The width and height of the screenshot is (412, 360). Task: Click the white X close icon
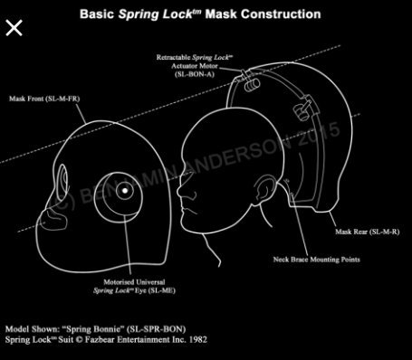[14, 28]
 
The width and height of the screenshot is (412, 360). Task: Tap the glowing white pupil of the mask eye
[124, 190]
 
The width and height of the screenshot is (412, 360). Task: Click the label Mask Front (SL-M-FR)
[44, 99]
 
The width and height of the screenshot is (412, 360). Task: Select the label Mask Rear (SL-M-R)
[368, 232]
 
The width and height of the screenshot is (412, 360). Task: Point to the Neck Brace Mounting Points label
[317, 260]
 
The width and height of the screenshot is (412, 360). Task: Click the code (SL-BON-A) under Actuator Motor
[195, 74]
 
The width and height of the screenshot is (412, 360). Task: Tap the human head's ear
[265, 189]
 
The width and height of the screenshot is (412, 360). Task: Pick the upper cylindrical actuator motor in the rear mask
[252, 85]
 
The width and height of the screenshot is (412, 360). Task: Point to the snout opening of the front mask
[53, 220]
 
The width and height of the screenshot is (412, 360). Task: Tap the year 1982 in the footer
[198, 339]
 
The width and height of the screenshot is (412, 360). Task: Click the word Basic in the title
[97, 14]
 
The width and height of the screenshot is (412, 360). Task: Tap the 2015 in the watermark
[319, 135]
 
